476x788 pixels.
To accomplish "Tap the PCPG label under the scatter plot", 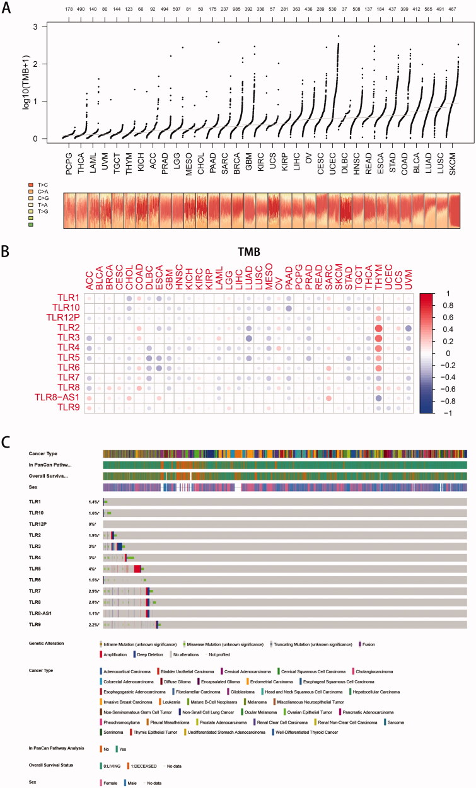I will pyautogui.click(x=67, y=154).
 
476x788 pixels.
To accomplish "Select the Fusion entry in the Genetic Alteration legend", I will pyautogui.click(x=368, y=644).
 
